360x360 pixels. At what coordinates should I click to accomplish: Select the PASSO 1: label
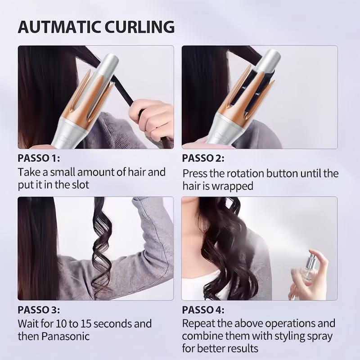pyautogui.click(x=39, y=158)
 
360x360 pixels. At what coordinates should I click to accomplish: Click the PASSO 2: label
pyautogui.click(x=203, y=159)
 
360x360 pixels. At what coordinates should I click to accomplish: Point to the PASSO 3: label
pyautogui.click(x=39, y=310)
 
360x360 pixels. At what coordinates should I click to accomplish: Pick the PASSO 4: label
pyautogui.click(x=203, y=310)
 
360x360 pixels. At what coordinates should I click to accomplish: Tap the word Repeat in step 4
pyautogui.click(x=198, y=324)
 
